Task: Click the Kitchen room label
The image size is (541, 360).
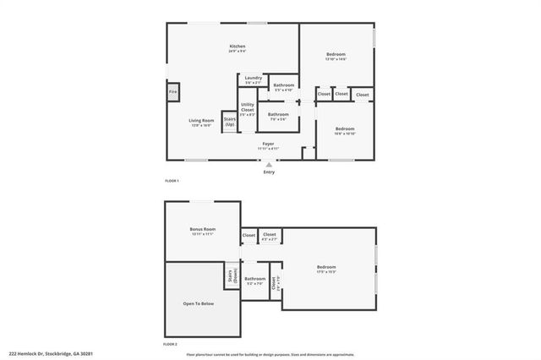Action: tap(238, 48)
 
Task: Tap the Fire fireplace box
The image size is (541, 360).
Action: tap(172, 91)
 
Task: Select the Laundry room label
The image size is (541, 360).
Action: tap(253, 80)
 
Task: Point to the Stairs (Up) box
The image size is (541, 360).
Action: tap(229, 122)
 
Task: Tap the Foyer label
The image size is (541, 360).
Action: tap(268, 145)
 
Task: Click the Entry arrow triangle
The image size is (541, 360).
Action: tap(269, 164)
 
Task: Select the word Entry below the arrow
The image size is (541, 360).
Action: tap(269, 172)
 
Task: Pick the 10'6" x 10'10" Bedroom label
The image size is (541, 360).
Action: tap(344, 131)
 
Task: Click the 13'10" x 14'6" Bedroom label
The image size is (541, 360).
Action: tap(336, 57)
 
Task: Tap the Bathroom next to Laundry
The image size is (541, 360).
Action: tap(284, 86)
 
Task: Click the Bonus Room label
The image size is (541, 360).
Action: tap(203, 231)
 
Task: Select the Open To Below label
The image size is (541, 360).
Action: tap(199, 303)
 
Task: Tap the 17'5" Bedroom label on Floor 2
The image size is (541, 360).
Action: tap(326, 269)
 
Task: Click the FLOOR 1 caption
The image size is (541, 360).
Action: tap(172, 181)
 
